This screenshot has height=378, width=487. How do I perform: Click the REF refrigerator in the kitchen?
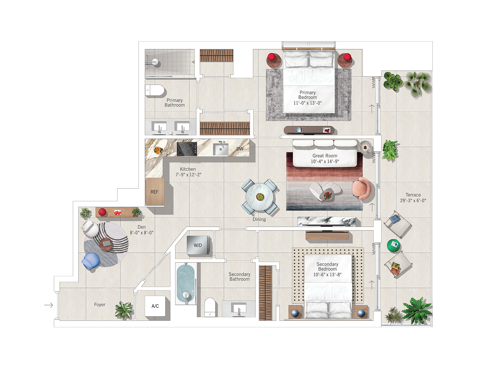point(155,192)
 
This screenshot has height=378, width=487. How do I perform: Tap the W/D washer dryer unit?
point(198,245)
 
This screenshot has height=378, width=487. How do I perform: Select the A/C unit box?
point(155,306)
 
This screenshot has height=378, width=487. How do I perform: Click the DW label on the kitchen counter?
point(240,149)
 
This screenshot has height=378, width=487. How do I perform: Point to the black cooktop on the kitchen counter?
point(187,149)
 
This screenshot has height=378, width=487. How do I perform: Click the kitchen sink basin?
point(220,149)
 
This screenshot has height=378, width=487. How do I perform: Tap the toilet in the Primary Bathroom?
point(155,90)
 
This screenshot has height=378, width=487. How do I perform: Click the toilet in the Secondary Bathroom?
point(210,307)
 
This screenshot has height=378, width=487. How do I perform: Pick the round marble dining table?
point(260,197)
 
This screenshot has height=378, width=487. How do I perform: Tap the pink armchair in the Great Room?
point(361,188)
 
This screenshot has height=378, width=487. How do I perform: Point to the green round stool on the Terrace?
point(393,245)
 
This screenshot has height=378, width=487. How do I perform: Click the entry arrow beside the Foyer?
point(48,305)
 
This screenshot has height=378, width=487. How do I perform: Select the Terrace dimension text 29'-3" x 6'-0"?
point(413,201)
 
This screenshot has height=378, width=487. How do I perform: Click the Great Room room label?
point(325,156)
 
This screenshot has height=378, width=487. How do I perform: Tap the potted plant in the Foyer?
point(124,310)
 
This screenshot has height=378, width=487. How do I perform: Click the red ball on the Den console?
point(102,212)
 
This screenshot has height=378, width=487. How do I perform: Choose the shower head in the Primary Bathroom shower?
point(155,61)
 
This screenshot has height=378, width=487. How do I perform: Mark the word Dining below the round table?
point(259,219)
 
